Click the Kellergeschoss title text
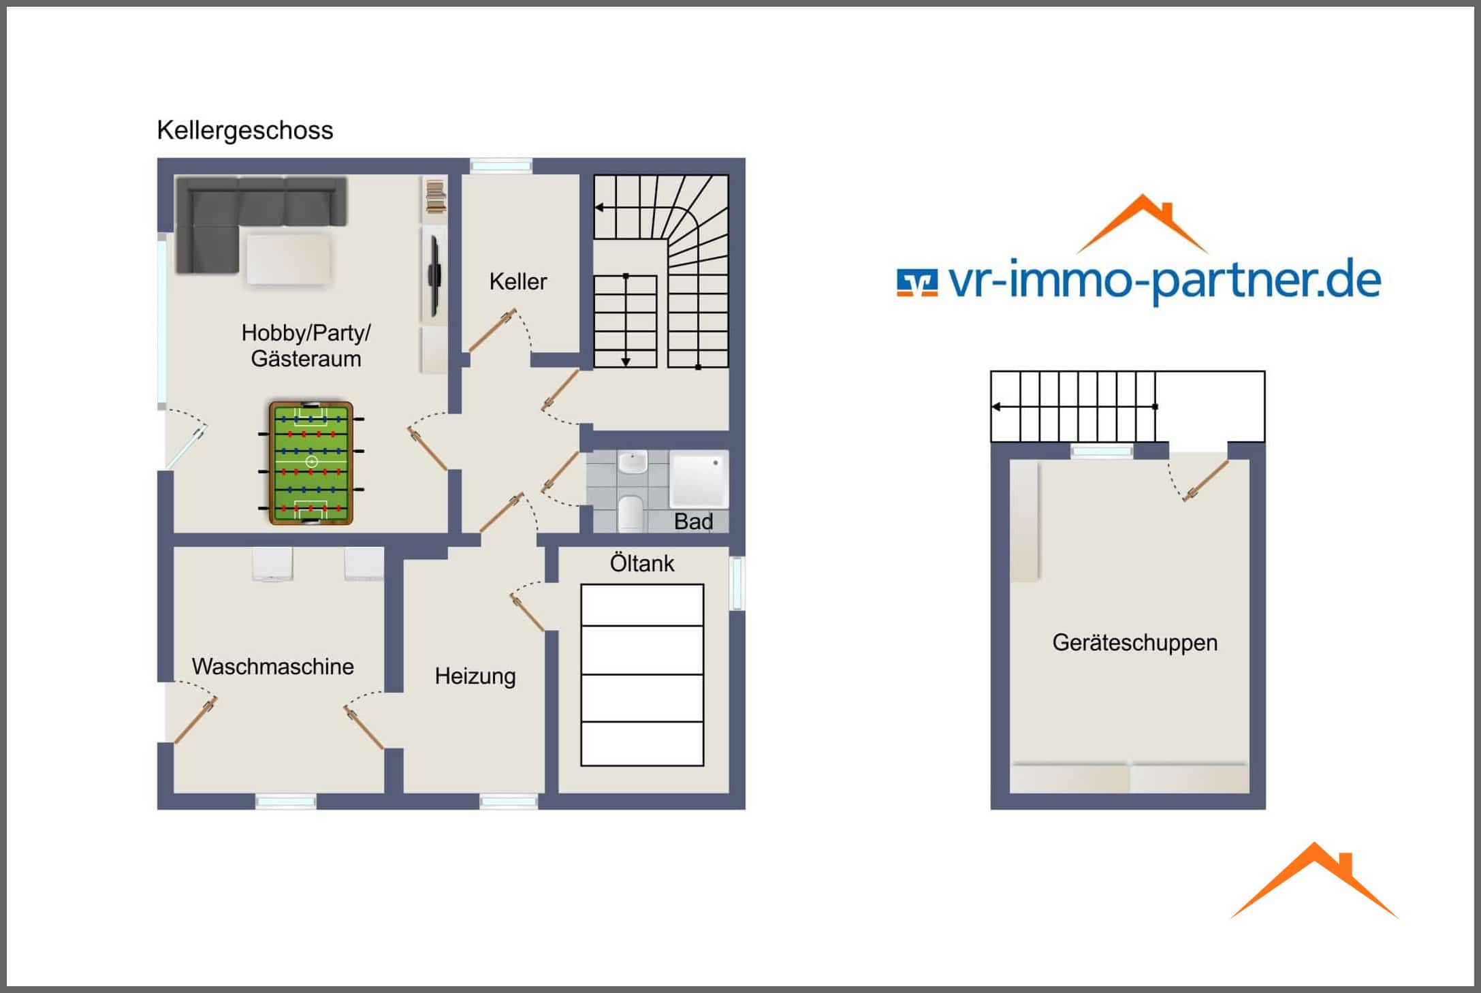[x=245, y=130]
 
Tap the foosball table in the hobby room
[x=311, y=462]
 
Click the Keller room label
[x=518, y=281]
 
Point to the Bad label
[x=693, y=522]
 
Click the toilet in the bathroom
[x=631, y=514]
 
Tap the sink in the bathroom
[x=633, y=462]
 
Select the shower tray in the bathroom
[x=699, y=479]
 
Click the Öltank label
[x=642, y=563]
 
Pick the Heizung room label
[x=475, y=676]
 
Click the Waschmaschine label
[x=272, y=666]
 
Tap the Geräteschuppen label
[x=1135, y=643]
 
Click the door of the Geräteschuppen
[x=1206, y=481]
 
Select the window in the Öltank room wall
[x=737, y=583]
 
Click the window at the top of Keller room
[x=501, y=165]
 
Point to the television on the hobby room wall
[x=434, y=276]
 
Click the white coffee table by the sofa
[x=289, y=259]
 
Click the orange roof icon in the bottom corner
[x=1315, y=881]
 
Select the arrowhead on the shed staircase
[x=996, y=407]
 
